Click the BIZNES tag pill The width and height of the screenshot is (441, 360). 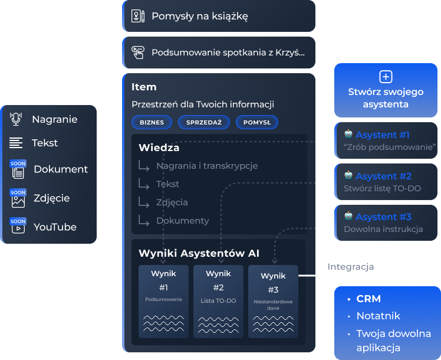pyautogui.click(x=152, y=122)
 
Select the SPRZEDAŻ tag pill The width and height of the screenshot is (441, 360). pyautogui.click(x=203, y=122)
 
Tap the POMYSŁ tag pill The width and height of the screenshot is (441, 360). pyautogui.click(x=256, y=122)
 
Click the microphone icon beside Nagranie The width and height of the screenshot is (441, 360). pyautogui.click(x=16, y=119)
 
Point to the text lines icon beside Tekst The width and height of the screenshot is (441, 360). pyautogui.click(x=16, y=143)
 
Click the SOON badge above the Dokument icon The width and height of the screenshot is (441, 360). pyautogui.click(x=18, y=163)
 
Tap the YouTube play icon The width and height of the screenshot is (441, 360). pyautogui.click(x=18, y=228)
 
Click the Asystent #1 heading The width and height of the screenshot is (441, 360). pyautogui.click(x=383, y=135)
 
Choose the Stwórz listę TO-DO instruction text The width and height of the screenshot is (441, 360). pyautogui.click(x=382, y=188)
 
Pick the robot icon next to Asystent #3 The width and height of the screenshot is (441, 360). pyautogui.click(x=348, y=216)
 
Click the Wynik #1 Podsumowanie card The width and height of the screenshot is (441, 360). pyautogui.click(x=163, y=301)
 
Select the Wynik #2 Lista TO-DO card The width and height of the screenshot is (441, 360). pyautogui.click(x=218, y=301)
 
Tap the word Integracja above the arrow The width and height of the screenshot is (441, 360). pyautogui.click(x=351, y=267)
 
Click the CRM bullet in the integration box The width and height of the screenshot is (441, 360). pyautogui.click(x=368, y=299)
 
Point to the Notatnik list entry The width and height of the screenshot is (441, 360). pyautogui.click(x=378, y=316)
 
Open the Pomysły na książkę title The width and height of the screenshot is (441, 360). pyautogui.click(x=199, y=16)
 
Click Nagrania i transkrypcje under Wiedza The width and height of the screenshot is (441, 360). pyautogui.click(x=207, y=166)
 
